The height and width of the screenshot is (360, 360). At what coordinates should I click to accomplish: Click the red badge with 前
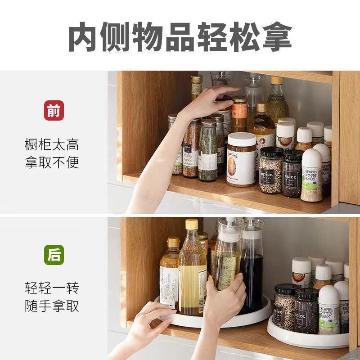point(54,110)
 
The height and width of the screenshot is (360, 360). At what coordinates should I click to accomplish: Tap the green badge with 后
point(54,255)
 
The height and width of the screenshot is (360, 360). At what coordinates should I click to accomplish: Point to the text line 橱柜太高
point(52,145)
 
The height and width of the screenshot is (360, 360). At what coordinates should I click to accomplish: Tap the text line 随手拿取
point(52,306)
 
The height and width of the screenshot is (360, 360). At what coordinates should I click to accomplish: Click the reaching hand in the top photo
point(205,101)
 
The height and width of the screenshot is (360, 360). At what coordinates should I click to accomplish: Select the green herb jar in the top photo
point(208,153)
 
